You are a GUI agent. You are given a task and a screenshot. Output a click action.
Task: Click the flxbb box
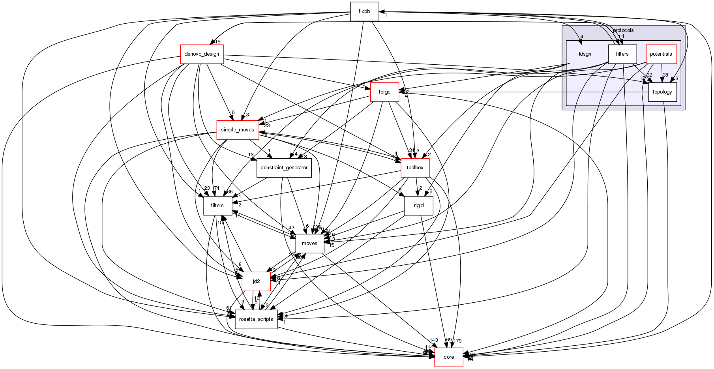pyautogui.click(x=364, y=11)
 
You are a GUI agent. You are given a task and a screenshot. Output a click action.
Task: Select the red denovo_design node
pyautogui.click(x=202, y=54)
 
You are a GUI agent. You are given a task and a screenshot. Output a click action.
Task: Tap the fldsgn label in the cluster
pyautogui.click(x=584, y=54)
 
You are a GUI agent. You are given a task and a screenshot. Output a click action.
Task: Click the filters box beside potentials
pyautogui.click(x=622, y=54)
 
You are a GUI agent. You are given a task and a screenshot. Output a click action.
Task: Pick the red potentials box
pyautogui.click(x=661, y=54)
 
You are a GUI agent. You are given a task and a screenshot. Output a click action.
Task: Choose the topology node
pyautogui.click(x=663, y=92)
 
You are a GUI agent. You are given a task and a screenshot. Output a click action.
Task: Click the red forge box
pyautogui.click(x=384, y=92)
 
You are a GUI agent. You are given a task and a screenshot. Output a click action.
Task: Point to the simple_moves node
pyautogui.click(x=238, y=130)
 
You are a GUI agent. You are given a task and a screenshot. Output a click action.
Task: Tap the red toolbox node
pyautogui.click(x=415, y=168)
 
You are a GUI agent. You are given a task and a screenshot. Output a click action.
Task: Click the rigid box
pyautogui.click(x=419, y=206)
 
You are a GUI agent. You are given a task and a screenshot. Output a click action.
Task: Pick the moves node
pyautogui.click(x=309, y=244)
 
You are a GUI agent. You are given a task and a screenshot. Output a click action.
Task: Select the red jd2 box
pyautogui.click(x=256, y=281)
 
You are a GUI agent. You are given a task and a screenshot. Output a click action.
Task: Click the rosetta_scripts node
pyautogui.click(x=256, y=319)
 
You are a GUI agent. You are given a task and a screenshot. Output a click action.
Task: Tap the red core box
pyautogui.click(x=449, y=357)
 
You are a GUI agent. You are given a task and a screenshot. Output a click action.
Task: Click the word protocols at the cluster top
pyautogui.click(x=623, y=30)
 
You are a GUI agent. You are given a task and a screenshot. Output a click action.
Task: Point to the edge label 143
pyautogui.click(x=433, y=341)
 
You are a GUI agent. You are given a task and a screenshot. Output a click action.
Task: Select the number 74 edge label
pyautogui.click(x=216, y=188)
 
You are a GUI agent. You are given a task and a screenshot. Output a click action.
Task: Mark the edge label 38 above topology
pyautogui.click(x=665, y=75)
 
